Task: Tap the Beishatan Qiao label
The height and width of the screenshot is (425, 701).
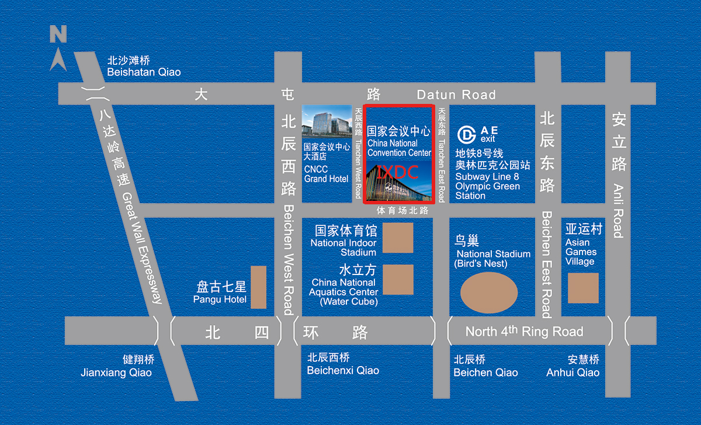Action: pyautogui.click(x=144, y=72)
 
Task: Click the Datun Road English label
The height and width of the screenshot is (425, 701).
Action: pyautogui.click(x=456, y=95)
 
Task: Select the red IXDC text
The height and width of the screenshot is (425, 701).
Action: pyautogui.click(x=398, y=172)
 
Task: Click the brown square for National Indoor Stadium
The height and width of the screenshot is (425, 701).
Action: pyautogui.click(x=398, y=238)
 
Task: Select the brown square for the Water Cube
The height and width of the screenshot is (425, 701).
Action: pyautogui.click(x=398, y=280)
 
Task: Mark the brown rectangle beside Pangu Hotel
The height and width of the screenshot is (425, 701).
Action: pyautogui.click(x=258, y=287)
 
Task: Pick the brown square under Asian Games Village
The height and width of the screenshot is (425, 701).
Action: pyautogui.click(x=583, y=288)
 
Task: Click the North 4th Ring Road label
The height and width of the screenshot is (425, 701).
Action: pyautogui.click(x=524, y=332)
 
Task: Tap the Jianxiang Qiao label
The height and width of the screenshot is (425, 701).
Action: pyautogui.click(x=116, y=372)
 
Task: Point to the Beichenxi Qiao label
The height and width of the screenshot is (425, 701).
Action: pyautogui.click(x=343, y=370)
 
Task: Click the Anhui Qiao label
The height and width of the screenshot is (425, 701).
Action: pyautogui.click(x=572, y=372)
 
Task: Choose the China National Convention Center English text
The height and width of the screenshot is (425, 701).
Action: pyautogui.click(x=399, y=148)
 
